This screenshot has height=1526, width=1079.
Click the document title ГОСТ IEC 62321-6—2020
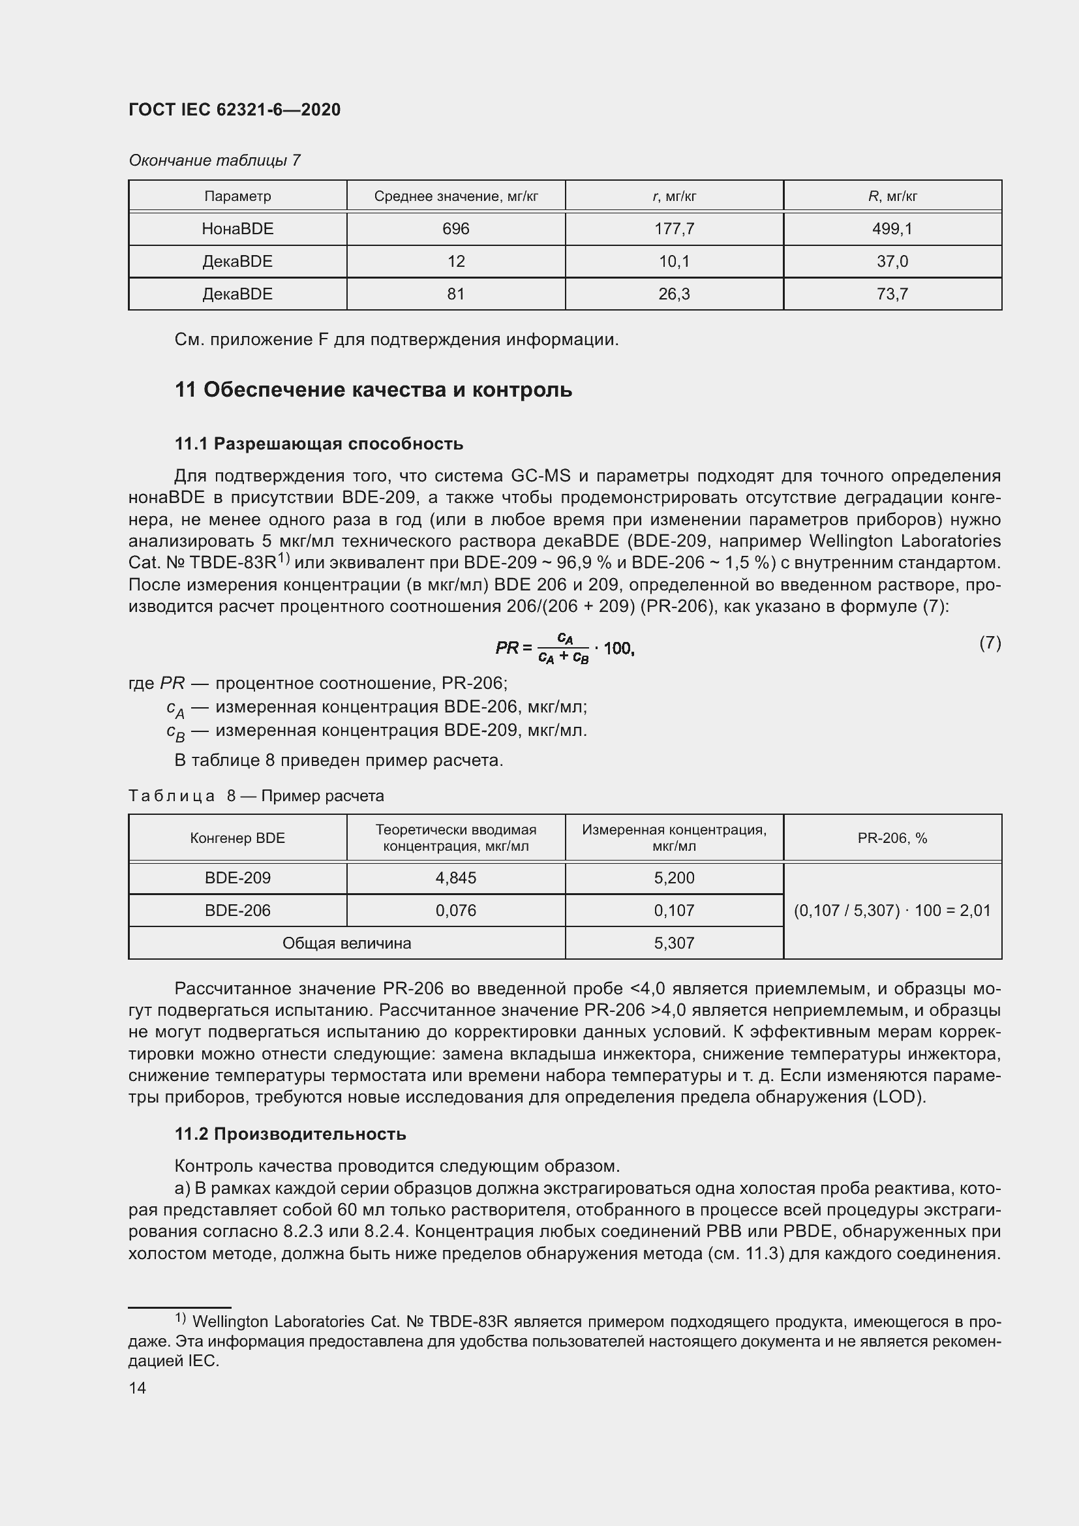234,110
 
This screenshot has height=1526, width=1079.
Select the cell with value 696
456,228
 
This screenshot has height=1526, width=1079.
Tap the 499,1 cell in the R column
892,228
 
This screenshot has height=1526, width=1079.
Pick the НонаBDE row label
237,228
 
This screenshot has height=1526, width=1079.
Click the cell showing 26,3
674,294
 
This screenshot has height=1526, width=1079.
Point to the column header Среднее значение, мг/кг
456,196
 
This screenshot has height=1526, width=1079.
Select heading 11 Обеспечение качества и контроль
372,389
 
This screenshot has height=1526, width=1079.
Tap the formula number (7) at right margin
990,643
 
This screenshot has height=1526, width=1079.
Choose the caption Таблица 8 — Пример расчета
256,795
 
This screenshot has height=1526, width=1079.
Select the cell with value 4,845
456,878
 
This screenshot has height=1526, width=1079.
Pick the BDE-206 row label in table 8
237,911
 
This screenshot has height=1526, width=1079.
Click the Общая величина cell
346,943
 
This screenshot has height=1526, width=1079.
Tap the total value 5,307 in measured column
674,943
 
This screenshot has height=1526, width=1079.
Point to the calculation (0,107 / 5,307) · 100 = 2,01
892,911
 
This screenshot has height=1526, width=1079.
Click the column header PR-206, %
892,838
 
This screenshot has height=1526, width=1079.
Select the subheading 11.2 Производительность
290,1134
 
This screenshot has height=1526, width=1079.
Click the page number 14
138,1388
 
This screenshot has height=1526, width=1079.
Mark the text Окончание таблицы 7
215,160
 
